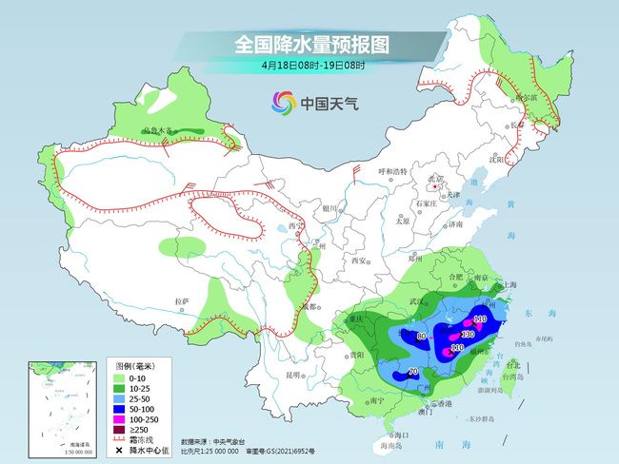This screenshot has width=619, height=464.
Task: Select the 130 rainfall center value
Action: tap(468, 335)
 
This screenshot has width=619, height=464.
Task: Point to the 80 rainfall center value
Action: tap(421, 336)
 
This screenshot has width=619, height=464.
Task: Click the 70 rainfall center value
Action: tap(412, 372)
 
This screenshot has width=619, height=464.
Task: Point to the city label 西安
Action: tap(358, 260)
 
